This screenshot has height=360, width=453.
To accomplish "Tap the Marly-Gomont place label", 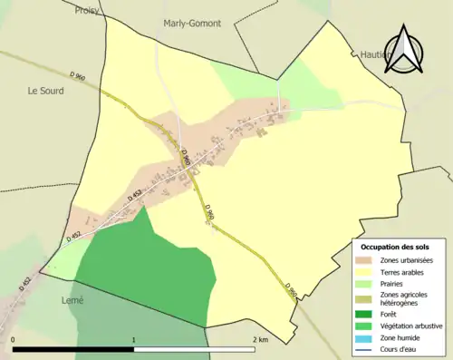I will point(193,24).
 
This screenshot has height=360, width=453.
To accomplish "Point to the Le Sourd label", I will point(45,91).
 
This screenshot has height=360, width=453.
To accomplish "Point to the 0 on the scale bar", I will point(14,339).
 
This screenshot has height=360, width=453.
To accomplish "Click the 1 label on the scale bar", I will point(134,339).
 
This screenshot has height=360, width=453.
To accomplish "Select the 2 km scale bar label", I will point(259,339).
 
